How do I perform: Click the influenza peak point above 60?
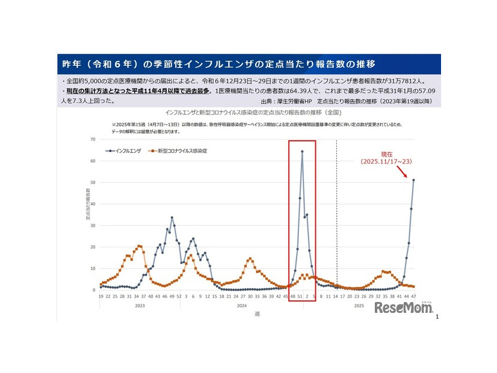[302, 152]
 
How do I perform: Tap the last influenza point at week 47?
[413, 180]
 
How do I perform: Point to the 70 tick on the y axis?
[93, 140]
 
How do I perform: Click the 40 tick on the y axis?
[93, 204]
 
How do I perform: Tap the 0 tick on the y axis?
[94, 290]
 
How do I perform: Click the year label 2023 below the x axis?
[140, 306]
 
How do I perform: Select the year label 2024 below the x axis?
[241, 306]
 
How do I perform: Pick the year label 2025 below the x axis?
[358, 306]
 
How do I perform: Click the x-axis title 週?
[257, 313]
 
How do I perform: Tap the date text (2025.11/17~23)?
[386, 162]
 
